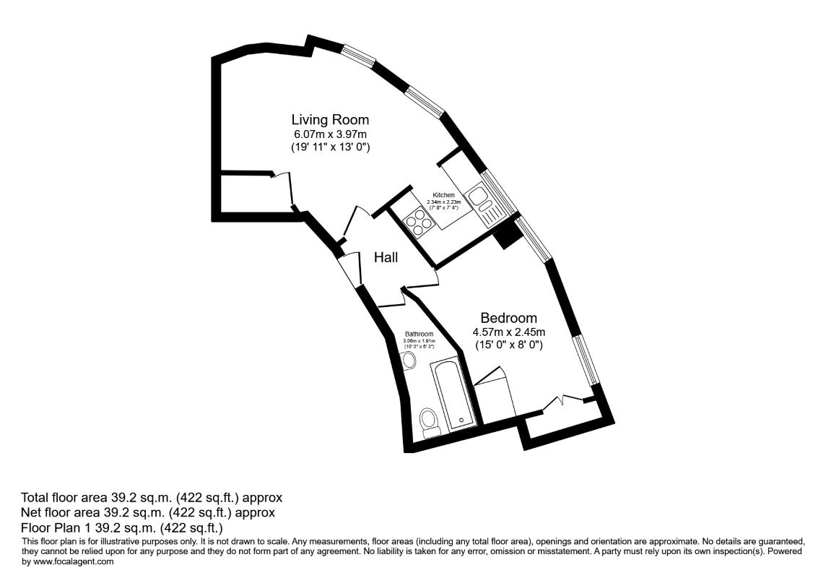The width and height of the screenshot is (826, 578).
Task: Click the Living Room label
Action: click(330, 119)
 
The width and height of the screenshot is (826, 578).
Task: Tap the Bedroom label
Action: click(508, 318)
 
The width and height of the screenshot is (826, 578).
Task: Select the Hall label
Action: click(386, 256)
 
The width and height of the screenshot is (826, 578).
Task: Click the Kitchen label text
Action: click(443, 195)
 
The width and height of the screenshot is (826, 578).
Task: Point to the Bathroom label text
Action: click(419, 334)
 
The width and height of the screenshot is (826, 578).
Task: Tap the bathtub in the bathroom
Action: click(453, 394)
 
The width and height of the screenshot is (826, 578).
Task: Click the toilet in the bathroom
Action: click(429, 422)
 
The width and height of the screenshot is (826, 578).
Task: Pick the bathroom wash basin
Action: click(409, 361)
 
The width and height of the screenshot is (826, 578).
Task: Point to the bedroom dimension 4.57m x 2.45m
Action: click(508, 332)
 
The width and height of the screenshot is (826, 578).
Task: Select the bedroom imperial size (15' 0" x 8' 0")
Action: click(508, 345)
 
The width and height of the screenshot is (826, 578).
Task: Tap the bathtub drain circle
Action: click(460, 418)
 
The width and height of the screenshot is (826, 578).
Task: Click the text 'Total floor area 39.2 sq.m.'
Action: click(152, 498)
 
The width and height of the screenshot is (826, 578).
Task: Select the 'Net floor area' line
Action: click(148, 512)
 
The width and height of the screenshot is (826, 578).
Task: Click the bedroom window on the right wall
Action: click(588, 359)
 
